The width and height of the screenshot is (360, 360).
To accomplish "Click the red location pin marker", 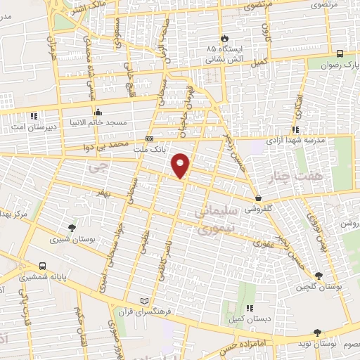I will click(182, 165).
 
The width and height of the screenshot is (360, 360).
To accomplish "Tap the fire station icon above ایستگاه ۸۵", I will click(224, 37).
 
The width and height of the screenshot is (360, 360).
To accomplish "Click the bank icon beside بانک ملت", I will click(148, 139).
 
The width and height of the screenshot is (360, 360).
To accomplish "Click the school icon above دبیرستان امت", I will click(33, 115).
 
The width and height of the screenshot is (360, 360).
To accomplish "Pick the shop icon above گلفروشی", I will click(261, 198).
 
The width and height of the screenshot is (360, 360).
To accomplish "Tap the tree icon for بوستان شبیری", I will click(72, 228).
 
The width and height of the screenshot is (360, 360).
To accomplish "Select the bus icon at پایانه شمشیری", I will click(43, 266).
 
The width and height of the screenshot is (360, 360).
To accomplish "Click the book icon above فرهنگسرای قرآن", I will click(145, 300).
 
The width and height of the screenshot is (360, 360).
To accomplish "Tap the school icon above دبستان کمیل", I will click(249, 308).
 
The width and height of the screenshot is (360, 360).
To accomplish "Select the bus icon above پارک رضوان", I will click(340, 53).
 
